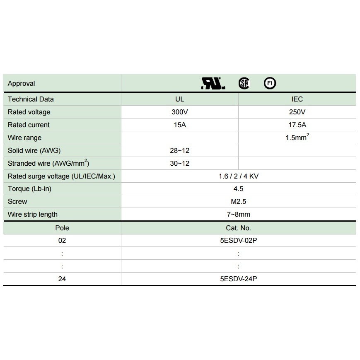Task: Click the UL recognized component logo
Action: click(213, 84)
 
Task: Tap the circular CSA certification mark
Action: click(244, 84)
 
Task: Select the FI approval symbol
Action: click(270, 84)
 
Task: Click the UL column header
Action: click(179, 99)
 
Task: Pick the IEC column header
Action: click(297, 99)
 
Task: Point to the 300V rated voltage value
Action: click(179, 112)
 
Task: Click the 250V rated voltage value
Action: click(297, 112)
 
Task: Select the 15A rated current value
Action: click(179, 125)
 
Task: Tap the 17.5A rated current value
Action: click(297, 125)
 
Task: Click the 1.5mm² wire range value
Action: click(297, 138)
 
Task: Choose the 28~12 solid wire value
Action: click(179, 150)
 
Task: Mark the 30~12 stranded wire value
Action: click(179, 163)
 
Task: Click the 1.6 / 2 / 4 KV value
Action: click(239, 176)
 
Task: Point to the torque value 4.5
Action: click(239, 188)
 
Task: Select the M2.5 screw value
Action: click(239, 201)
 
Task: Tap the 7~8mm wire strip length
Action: click(239, 214)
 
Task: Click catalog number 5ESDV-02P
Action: click(239, 240)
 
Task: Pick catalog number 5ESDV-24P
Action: click(239, 279)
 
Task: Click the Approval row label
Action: click(22, 84)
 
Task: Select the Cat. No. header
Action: click(239, 228)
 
